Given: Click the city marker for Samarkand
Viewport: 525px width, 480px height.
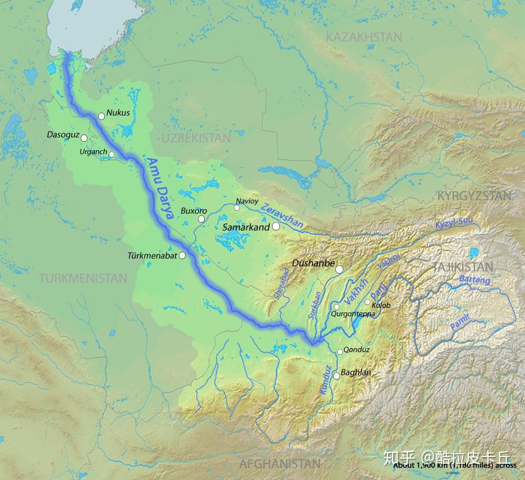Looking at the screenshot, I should tap(276, 227).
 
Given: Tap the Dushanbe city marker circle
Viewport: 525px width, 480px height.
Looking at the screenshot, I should tap(339, 270).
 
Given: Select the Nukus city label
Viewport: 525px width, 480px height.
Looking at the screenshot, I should tap(118, 113).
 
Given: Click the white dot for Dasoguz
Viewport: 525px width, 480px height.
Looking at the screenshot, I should tap(84, 138).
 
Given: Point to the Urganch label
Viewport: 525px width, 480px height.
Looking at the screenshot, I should tap(93, 152).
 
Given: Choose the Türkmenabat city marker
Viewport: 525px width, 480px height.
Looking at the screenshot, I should tap(182, 256).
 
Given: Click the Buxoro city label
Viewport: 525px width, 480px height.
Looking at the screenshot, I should tap(194, 211).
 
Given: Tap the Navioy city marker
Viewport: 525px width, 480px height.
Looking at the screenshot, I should tap(237, 208).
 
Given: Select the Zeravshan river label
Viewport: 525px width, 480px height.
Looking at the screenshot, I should tap(282, 215).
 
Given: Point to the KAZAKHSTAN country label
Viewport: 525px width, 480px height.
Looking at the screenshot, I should tap(364, 37).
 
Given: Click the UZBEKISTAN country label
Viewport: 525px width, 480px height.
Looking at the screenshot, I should tap(196, 138).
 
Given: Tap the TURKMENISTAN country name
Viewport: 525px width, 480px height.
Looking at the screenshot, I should tap(83, 278).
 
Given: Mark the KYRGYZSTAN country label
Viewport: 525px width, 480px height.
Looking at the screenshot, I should tap(474, 196).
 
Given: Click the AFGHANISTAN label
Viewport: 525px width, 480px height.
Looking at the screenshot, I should tap(280, 464).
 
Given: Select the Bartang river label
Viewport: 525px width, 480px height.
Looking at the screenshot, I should tap(475, 279).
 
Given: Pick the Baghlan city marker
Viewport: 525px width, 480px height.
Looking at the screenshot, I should tap(337, 376).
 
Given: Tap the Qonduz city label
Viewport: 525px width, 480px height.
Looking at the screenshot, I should tap(357, 350).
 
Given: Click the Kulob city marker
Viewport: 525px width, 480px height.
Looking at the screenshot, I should tap(367, 302).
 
